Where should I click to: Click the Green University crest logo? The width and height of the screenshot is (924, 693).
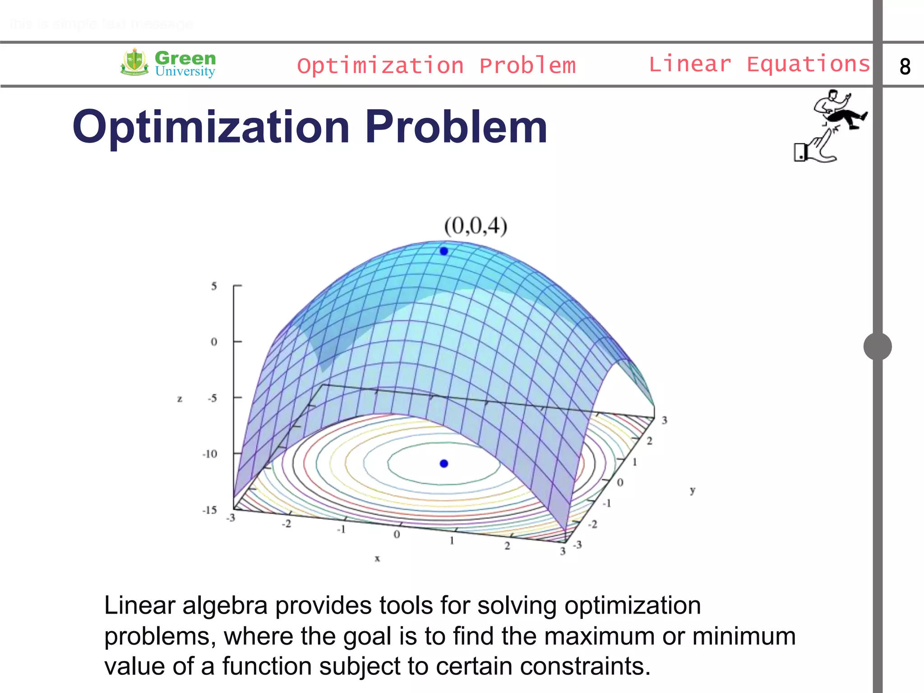point(134,62)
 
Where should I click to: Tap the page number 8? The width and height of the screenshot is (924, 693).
point(905,67)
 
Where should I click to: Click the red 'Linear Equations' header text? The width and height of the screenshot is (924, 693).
point(759,64)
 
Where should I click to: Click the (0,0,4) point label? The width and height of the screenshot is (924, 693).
point(476,226)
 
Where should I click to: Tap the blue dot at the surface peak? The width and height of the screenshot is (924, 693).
point(444,251)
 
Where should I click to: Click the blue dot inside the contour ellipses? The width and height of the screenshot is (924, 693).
point(444,463)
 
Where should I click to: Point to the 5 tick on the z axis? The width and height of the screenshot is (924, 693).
point(214,286)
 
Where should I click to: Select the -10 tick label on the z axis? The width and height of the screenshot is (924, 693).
point(210,454)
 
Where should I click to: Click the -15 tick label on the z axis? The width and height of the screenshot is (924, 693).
point(210,510)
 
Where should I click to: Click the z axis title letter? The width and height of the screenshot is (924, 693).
point(180,399)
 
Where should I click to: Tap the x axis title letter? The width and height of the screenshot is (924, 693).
point(377,559)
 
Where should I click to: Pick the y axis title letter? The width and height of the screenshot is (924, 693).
point(692,490)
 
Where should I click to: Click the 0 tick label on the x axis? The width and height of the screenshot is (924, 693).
point(397,535)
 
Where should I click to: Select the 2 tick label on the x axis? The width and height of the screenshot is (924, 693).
point(507,546)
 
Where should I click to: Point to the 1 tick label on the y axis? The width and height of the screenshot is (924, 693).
point(634,462)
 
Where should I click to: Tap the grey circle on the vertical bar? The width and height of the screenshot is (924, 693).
point(878,346)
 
